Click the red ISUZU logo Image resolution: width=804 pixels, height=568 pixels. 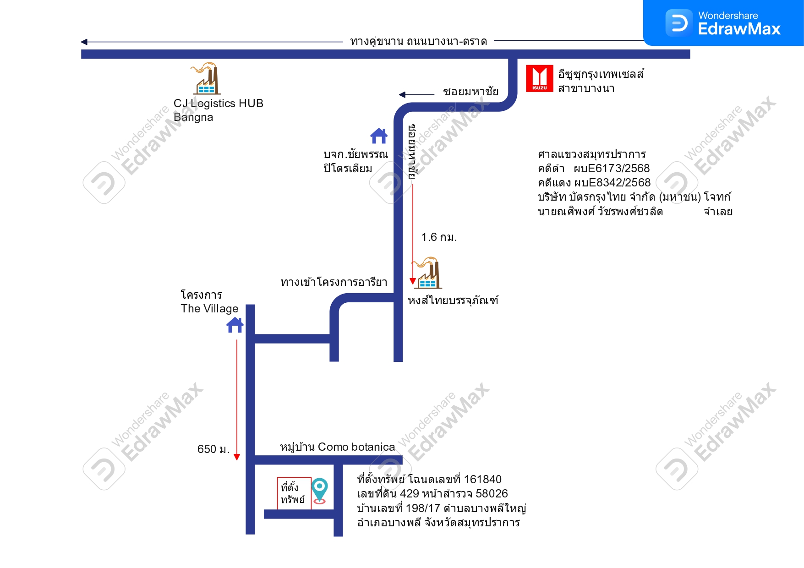[539, 78]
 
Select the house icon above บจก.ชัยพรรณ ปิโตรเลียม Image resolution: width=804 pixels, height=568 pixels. [379, 136]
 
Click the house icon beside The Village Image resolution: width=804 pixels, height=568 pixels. [235, 325]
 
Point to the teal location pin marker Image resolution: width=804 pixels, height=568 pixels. [319, 491]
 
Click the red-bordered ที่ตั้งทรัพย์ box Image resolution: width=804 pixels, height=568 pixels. [294, 493]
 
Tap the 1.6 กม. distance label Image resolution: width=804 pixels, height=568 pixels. [439, 237]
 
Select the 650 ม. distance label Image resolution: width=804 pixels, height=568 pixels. [213, 449]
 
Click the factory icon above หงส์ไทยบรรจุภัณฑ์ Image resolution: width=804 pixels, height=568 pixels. [427, 273]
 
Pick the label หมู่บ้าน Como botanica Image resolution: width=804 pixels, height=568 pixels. [338, 447]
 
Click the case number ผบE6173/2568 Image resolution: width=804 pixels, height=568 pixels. [612, 169]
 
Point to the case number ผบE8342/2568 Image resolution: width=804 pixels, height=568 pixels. [612, 183]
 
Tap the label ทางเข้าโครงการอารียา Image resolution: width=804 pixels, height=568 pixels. [334, 282]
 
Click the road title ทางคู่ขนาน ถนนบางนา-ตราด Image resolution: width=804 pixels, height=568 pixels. [419, 42]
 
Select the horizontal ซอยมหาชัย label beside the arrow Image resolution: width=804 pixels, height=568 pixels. [471, 92]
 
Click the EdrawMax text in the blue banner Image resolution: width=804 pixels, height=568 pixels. [739, 29]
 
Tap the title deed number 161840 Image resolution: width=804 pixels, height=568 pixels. [482, 480]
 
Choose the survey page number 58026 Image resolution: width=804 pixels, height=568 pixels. [492, 494]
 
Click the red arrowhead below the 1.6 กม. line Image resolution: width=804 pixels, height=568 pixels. [413, 281]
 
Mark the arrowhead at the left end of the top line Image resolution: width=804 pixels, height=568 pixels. [84, 42]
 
